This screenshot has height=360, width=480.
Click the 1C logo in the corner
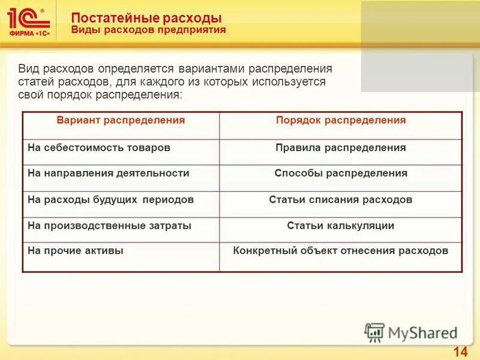point(29,21)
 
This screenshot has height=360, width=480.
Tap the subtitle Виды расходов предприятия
point(148,30)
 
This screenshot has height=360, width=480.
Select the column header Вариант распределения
point(121,121)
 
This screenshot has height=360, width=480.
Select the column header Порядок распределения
point(341,121)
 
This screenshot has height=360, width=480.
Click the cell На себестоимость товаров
point(99,148)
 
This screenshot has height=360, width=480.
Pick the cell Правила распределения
point(341,148)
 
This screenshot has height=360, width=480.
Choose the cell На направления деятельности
point(109,173)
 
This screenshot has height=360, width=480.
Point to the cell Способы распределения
point(341,173)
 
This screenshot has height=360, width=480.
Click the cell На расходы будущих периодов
point(111,200)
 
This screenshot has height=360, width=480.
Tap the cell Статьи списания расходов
point(341,200)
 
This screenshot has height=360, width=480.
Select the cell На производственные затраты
point(110,226)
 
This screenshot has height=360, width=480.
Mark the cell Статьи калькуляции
point(341,226)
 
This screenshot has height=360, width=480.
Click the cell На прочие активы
point(76,251)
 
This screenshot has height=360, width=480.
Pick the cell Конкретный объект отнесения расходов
point(341,251)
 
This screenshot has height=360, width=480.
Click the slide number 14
point(461,352)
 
